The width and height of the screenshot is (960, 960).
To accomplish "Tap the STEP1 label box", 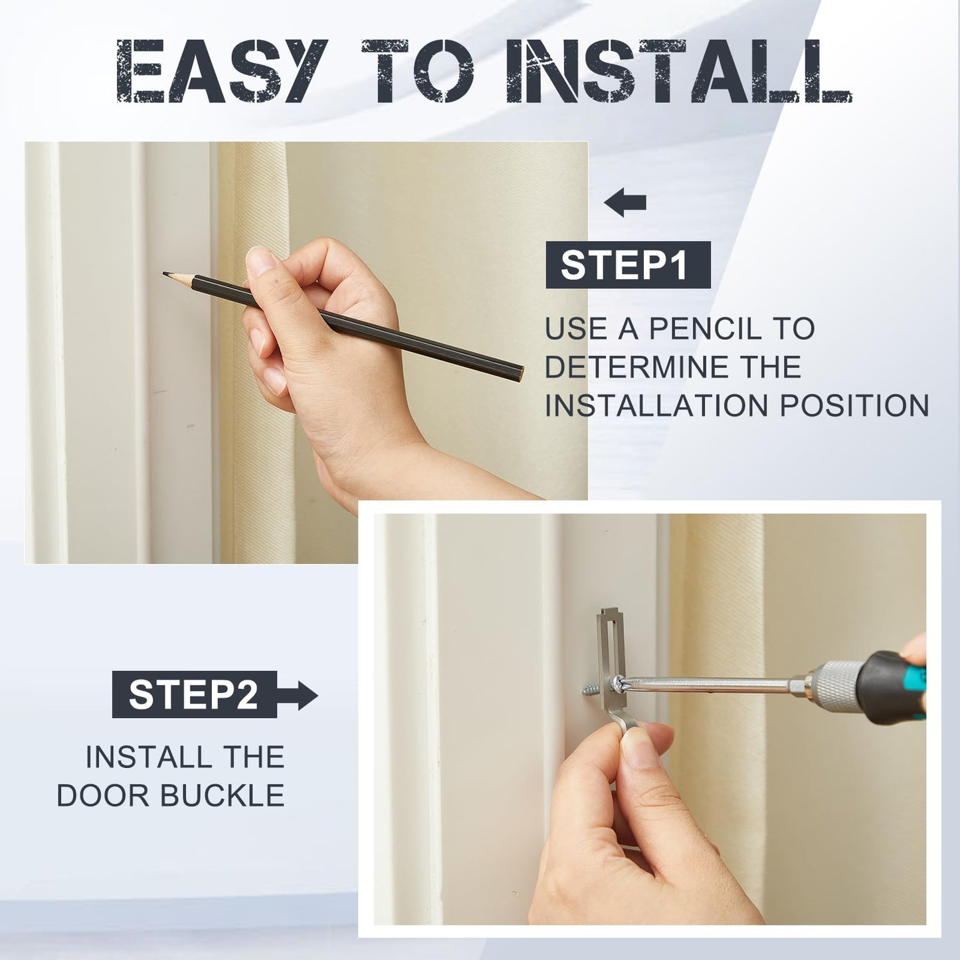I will [628, 265].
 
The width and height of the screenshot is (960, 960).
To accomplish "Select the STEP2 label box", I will [194, 694].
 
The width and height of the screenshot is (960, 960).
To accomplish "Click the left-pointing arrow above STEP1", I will [625, 202].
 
